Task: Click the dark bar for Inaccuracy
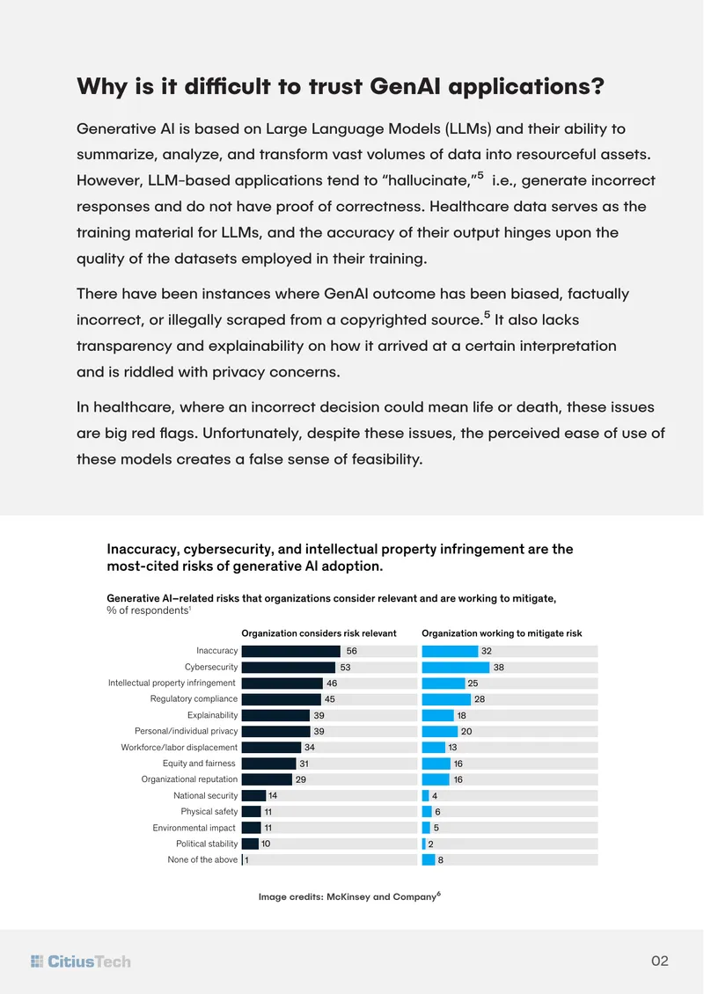pyautogui.click(x=291, y=651)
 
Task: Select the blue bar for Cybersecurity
pyautogui.click(x=455, y=667)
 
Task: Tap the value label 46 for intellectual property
pyautogui.click(x=332, y=683)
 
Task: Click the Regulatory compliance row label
pyautogui.click(x=194, y=698)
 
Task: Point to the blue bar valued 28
pyautogui.click(x=446, y=699)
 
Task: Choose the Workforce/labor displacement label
pyautogui.click(x=180, y=748)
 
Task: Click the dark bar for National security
pyautogui.click(x=253, y=795)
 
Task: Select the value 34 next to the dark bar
pyautogui.click(x=310, y=748)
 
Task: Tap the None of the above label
pyautogui.click(x=203, y=859)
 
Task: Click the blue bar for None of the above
pyautogui.click(x=429, y=860)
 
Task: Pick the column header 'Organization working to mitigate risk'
pyautogui.click(x=502, y=633)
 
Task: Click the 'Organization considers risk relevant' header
pyautogui.click(x=319, y=633)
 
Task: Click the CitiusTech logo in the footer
pyautogui.click(x=81, y=961)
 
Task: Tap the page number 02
pyautogui.click(x=660, y=961)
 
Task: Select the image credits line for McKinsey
pyautogui.click(x=349, y=896)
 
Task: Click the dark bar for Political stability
pyautogui.click(x=250, y=844)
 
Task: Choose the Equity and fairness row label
pyautogui.click(x=199, y=764)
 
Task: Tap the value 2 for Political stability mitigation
pyautogui.click(x=430, y=844)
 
